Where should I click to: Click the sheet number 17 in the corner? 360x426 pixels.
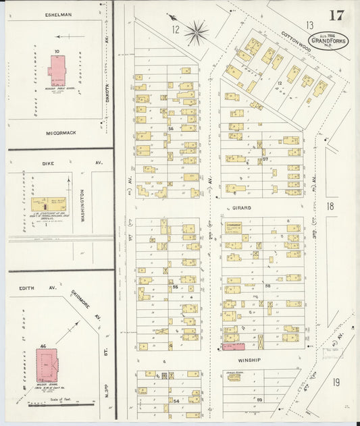pyautogui.click(x=336, y=16)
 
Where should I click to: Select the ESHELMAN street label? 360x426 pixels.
pyautogui.click(x=58, y=14)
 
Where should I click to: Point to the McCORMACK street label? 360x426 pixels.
pyautogui.click(x=59, y=133)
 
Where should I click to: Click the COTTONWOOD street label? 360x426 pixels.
pyautogui.click(x=296, y=41)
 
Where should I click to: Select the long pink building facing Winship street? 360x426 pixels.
pyautogui.click(x=232, y=346)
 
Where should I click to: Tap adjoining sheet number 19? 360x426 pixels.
pyautogui.click(x=336, y=381)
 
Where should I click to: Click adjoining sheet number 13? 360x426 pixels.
pyautogui.click(x=309, y=25)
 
